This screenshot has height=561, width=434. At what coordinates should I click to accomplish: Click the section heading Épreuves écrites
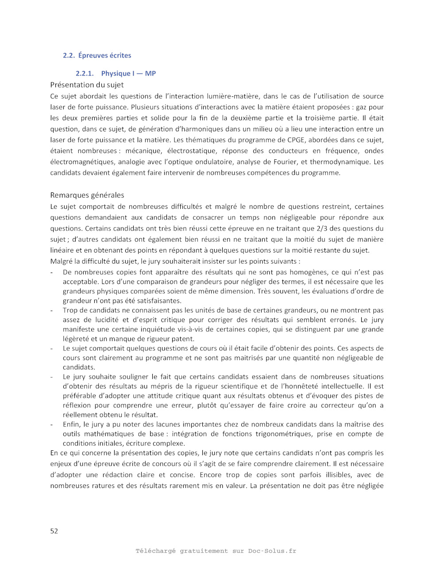[105, 55]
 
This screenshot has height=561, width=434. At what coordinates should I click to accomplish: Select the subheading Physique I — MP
[128, 73]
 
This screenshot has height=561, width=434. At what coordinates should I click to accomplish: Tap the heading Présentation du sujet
[87, 85]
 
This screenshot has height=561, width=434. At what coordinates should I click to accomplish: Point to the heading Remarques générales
[87, 195]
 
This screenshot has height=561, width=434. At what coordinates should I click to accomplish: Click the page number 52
[54, 531]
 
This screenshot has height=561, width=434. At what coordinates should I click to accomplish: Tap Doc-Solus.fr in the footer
[272, 551]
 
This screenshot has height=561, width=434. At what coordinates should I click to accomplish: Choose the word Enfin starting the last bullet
[71, 424]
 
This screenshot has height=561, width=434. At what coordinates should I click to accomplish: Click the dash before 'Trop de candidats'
[52, 311]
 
